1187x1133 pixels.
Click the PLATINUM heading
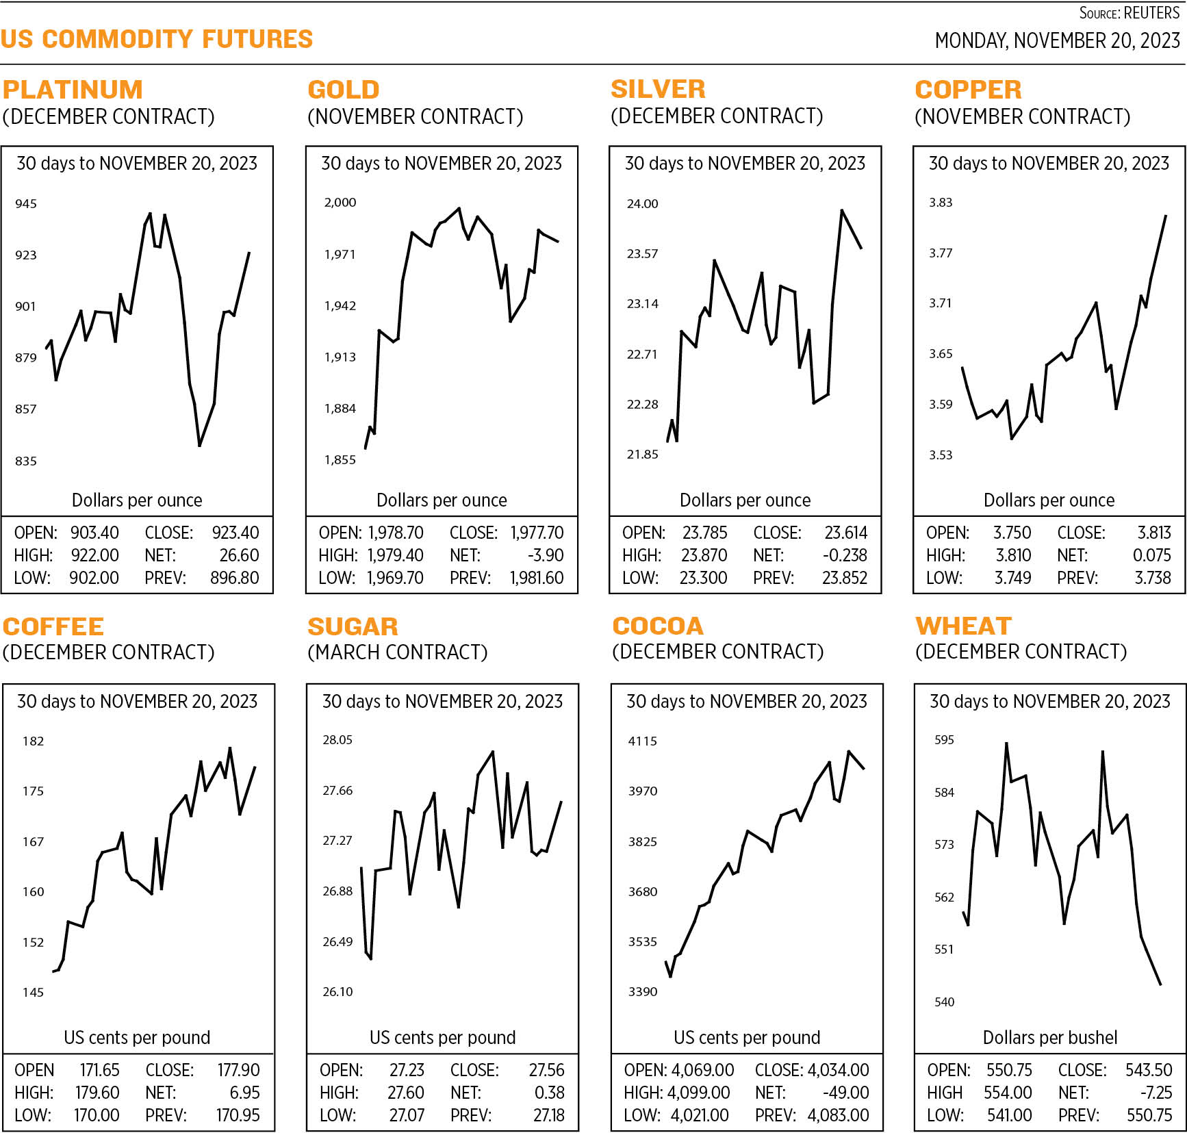(73, 90)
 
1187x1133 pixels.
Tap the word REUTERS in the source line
(1152, 13)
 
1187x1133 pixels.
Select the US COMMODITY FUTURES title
(157, 39)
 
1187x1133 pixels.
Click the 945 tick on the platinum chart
(26, 203)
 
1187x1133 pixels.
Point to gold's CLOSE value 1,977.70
(537, 533)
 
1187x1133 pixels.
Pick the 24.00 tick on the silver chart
(642, 203)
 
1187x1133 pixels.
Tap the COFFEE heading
(53, 626)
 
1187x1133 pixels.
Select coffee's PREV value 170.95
(238, 1115)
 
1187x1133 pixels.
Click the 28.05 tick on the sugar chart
(337, 739)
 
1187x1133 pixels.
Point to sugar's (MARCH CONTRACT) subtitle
(398, 652)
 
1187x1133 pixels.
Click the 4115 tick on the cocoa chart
(642, 741)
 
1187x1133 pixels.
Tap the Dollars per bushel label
(1049, 1037)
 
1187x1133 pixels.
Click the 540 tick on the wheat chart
(944, 1002)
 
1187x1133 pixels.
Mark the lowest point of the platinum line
(199, 446)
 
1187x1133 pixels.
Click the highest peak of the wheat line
(1006, 743)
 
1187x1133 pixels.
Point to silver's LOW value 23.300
(703, 578)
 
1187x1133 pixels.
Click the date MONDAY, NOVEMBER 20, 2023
(1057, 41)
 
